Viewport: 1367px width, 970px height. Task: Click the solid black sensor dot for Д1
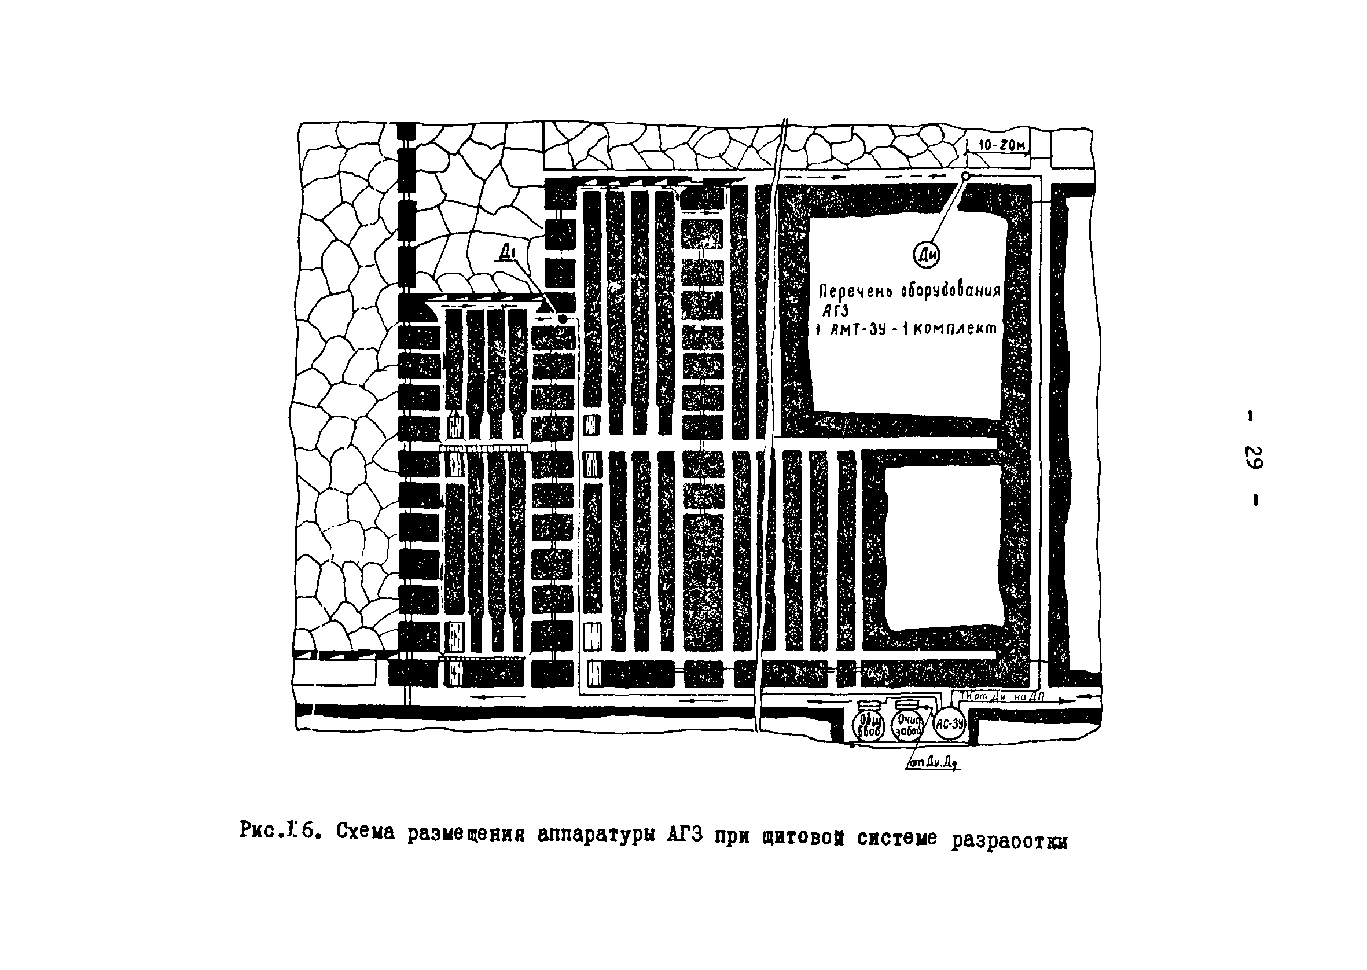pos(562,319)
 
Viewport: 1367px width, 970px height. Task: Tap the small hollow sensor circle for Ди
pos(966,176)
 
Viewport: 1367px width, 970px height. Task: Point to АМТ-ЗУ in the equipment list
pos(860,329)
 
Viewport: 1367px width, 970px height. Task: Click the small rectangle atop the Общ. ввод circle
pos(867,705)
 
